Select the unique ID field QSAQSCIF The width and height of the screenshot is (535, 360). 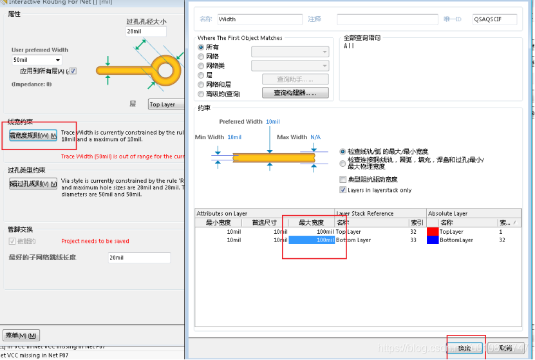(494, 19)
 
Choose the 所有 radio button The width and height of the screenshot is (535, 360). (201, 48)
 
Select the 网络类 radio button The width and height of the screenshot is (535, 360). (201, 66)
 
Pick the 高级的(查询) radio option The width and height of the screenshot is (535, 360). (201, 93)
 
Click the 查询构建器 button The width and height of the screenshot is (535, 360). (295, 93)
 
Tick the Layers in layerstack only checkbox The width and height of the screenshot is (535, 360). (343, 190)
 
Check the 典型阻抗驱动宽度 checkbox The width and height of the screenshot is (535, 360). (343, 179)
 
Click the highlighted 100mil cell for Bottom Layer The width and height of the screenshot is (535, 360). (312, 240)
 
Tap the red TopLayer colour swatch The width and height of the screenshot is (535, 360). (433, 232)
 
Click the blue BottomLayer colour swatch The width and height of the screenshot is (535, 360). (433, 240)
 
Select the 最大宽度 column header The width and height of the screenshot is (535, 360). (312, 223)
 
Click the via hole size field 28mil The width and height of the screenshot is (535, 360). (146, 31)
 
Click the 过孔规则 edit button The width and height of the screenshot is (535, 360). (33, 184)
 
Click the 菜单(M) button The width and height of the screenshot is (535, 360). (21, 336)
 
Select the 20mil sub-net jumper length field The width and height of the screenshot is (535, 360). (138, 258)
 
